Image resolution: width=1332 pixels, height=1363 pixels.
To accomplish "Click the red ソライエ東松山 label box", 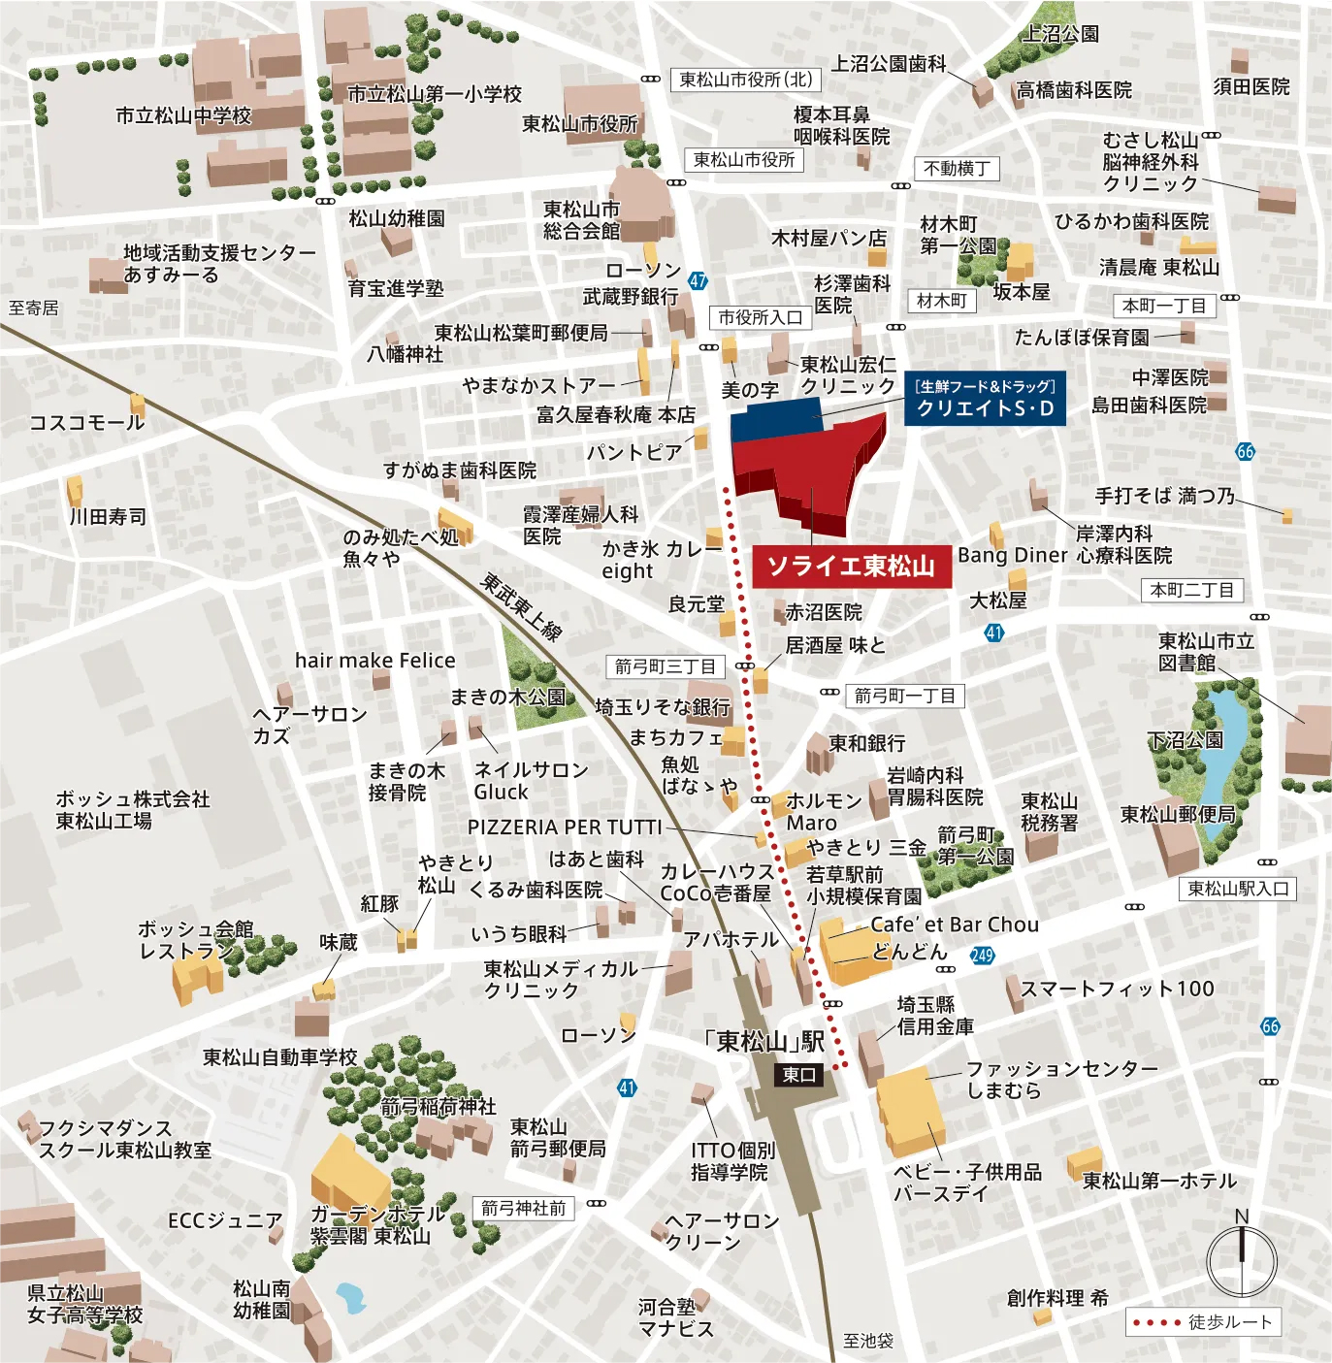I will pos(851,567).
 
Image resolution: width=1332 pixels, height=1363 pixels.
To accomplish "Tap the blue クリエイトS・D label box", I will pos(985,399).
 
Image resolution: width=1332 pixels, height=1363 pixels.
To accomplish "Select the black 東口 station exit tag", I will pos(799,1075).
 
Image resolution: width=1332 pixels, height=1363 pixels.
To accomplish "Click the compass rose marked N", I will pos(1242,1259).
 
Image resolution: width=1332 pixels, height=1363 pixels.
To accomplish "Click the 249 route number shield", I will pos(982,956).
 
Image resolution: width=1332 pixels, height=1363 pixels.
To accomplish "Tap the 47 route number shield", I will pos(698,281).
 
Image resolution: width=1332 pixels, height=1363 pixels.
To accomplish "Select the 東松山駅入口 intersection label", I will pos(1239,889).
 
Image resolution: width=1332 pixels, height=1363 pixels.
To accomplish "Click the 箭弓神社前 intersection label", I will pos(523,1208).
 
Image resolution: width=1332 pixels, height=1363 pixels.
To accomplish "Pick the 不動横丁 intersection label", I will pos(957,169).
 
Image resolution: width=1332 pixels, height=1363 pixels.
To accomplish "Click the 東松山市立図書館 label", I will pos(1206,652).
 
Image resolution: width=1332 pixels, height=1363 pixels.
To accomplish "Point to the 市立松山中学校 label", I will pos(183,116).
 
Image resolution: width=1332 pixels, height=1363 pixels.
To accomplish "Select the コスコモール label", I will pos(86,423).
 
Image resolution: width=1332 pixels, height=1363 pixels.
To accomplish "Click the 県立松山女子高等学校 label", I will pos(84,1304).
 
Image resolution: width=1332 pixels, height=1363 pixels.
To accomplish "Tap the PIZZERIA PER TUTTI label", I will pos(565,828).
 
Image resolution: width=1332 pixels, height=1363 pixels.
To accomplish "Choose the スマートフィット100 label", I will pos(1118,990).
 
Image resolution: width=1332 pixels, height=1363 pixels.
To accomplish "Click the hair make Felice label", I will pos(374,661).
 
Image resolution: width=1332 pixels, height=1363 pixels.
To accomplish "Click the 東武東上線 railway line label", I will pos(523,607).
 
